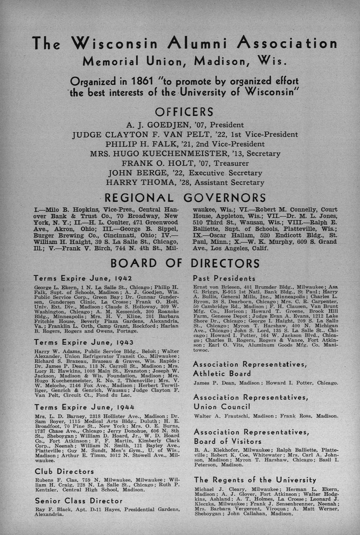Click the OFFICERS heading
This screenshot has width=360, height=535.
pyautogui.click(x=184, y=112)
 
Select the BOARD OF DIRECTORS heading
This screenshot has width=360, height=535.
pyautogui.click(x=185, y=263)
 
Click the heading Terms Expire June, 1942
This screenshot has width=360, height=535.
pyautogui.click(x=83, y=279)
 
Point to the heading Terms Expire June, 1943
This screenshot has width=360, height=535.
pyautogui.click(x=84, y=343)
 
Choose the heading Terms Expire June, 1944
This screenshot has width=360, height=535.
pyautogui.click(x=84, y=407)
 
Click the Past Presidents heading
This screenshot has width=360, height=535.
pyautogui.click(x=224, y=279)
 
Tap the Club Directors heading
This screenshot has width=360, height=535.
pyautogui.click(x=64, y=472)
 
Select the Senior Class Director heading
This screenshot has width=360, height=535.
pyautogui.click(x=79, y=501)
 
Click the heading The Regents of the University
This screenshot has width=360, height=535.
pyautogui.click(x=255, y=480)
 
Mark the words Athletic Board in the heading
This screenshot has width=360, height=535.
pyautogui.click(x=222, y=374)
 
